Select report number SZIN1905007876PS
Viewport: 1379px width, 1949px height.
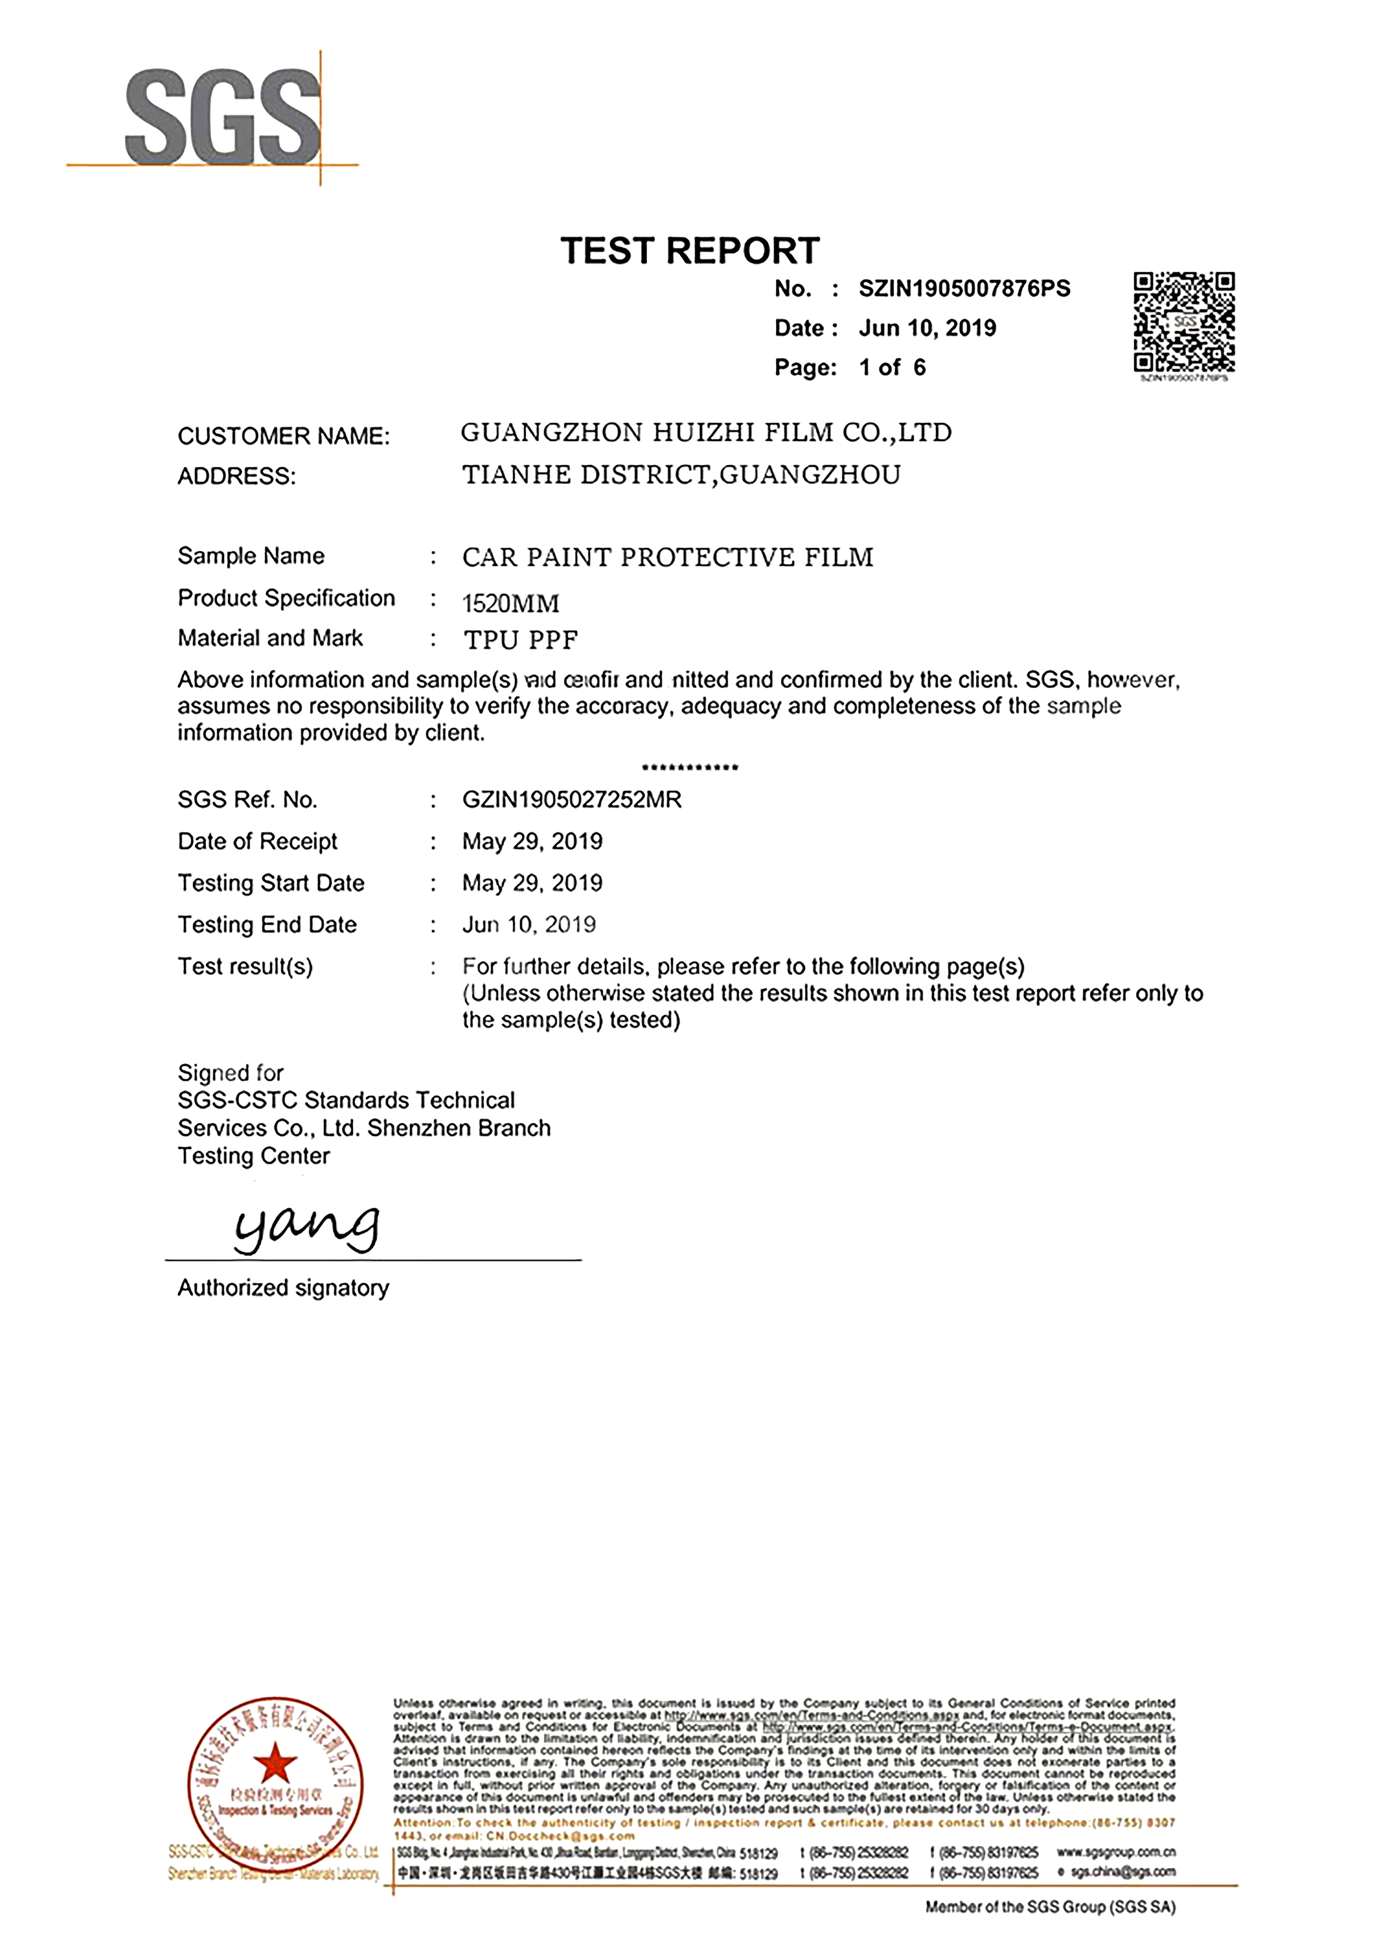tap(964, 289)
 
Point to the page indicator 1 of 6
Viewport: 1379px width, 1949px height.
tap(892, 368)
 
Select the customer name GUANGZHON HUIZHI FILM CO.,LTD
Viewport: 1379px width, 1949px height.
tap(706, 433)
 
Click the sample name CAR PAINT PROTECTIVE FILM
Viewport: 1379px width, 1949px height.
tap(667, 558)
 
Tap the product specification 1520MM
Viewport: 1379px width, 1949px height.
tap(510, 604)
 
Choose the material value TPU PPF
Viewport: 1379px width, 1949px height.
tap(520, 640)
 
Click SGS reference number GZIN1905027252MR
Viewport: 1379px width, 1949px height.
tap(572, 800)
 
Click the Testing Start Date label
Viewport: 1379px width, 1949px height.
tap(271, 883)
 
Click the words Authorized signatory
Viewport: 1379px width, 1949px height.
tap(283, 1288)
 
